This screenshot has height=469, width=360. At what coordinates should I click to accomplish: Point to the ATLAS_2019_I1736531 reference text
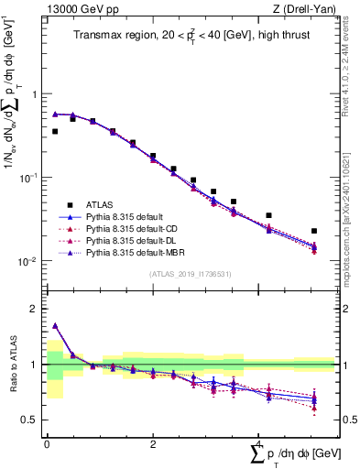tap(190, 274)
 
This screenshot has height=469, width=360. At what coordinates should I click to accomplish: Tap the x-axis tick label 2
tap(151, 443)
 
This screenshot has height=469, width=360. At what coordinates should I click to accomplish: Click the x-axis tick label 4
tap(256, 443)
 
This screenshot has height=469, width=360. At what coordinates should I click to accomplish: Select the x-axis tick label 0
tap(47, 443)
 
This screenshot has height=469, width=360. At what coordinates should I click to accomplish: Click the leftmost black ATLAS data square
tap(55, 132)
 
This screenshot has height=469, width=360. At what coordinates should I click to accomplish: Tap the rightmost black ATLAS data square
tap(314, 232)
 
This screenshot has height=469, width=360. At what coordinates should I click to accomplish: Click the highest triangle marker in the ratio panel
tap(55, 325)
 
